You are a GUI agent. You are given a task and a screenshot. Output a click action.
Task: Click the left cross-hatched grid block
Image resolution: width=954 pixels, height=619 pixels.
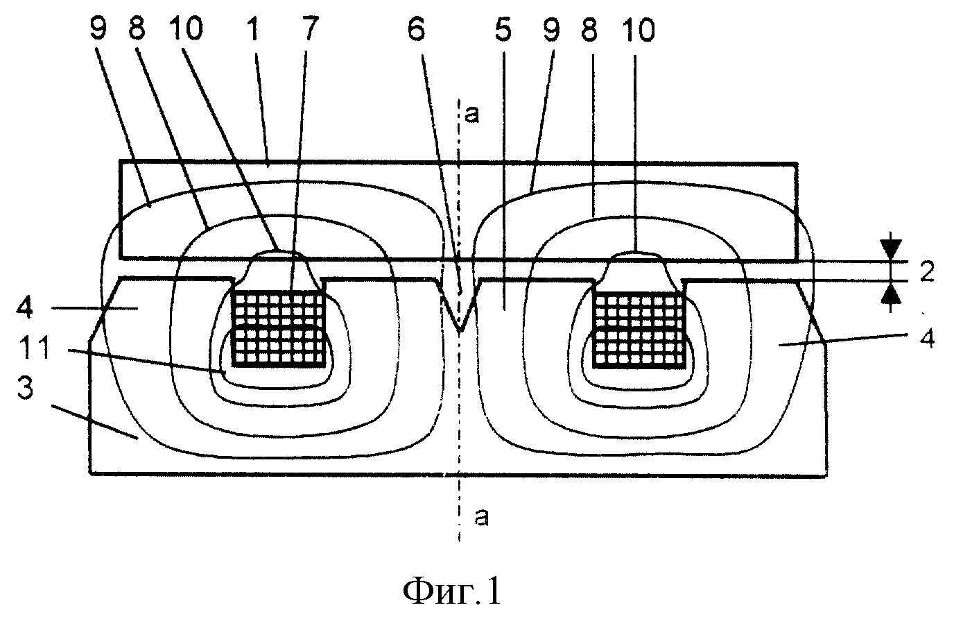(279, 328)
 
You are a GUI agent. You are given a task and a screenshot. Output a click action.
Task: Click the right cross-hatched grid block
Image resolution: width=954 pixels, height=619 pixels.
(639, 329)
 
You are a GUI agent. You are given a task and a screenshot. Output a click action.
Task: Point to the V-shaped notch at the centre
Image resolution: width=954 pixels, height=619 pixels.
(459, 305)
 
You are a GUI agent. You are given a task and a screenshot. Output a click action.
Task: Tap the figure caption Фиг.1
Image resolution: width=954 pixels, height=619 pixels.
(452, 592)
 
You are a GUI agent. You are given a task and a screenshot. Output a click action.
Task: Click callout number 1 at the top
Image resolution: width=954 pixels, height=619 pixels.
(254, 29)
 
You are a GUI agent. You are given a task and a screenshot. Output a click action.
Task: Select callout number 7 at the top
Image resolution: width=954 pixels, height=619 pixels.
(311, 29)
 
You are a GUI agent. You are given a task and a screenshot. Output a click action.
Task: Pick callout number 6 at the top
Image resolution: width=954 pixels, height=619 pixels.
(416, 30)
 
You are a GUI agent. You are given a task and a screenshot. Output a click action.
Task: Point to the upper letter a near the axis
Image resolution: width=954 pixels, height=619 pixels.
(471, 115)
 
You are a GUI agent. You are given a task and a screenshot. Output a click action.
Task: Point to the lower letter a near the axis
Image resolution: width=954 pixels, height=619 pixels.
(481, 517)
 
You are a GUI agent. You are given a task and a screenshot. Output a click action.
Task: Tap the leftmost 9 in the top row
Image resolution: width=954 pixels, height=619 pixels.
(98, 29)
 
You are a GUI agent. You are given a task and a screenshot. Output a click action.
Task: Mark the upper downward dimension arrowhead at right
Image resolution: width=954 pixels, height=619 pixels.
(890, 250)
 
